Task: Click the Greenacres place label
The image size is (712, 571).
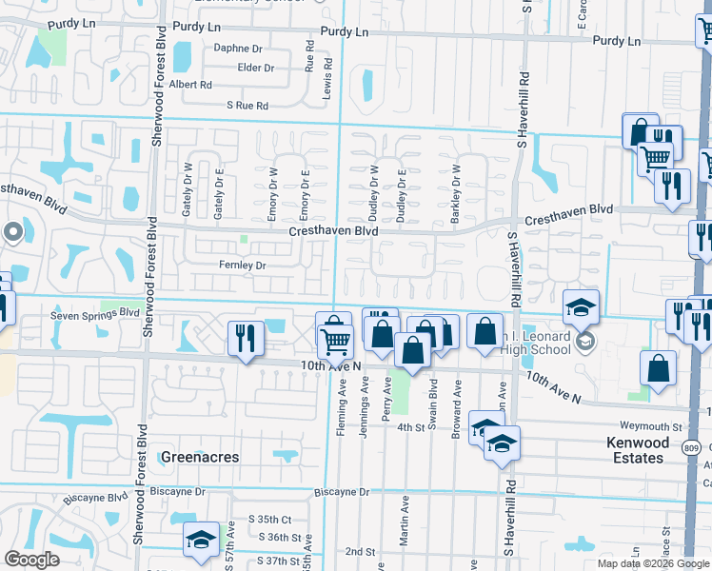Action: click(x=199, y=457)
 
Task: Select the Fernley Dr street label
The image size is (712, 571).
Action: click(x=242, y=266)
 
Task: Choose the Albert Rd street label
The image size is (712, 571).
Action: click(x=190, y=85)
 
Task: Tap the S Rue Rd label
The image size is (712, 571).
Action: click(x=247, y=106)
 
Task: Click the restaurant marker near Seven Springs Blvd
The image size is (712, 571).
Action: click(x=246, y=337)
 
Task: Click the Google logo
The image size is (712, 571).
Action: click(x=32, y=559)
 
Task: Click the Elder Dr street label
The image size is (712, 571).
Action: click(x=255, y=68)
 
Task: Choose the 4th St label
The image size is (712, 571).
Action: click(x=410, y=428)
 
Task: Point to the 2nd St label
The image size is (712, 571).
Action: click(x=360, y=551)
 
